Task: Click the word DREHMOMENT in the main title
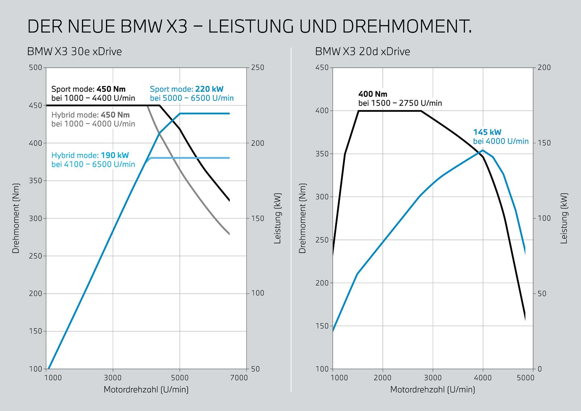(x=407, y=27)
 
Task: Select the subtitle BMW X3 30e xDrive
(x=75, y=52)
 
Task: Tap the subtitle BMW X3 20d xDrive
(x=362, y=52)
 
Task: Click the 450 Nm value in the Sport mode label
(x=111, y=89)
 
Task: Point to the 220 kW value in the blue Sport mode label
(x=209, y=89)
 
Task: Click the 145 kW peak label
(x=487, y=132)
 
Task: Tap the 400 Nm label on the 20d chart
(x=373, y=94)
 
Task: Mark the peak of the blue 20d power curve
(x=483, y=150)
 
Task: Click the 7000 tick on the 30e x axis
(x=239, y=378)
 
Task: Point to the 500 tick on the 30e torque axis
(x=36, y=68)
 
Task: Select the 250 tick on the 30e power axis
(x=257, y=68)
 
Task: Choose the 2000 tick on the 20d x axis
(x=383, y=378)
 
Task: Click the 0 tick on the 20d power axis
(x=540, y=369)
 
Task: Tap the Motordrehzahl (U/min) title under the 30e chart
(x=146, y=390)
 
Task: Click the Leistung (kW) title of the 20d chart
(x=564, y=218)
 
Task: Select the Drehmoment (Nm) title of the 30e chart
(x=16, y=218)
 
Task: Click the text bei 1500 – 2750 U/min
(x=400, y=103)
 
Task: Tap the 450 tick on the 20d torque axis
(x=322, y=68)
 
